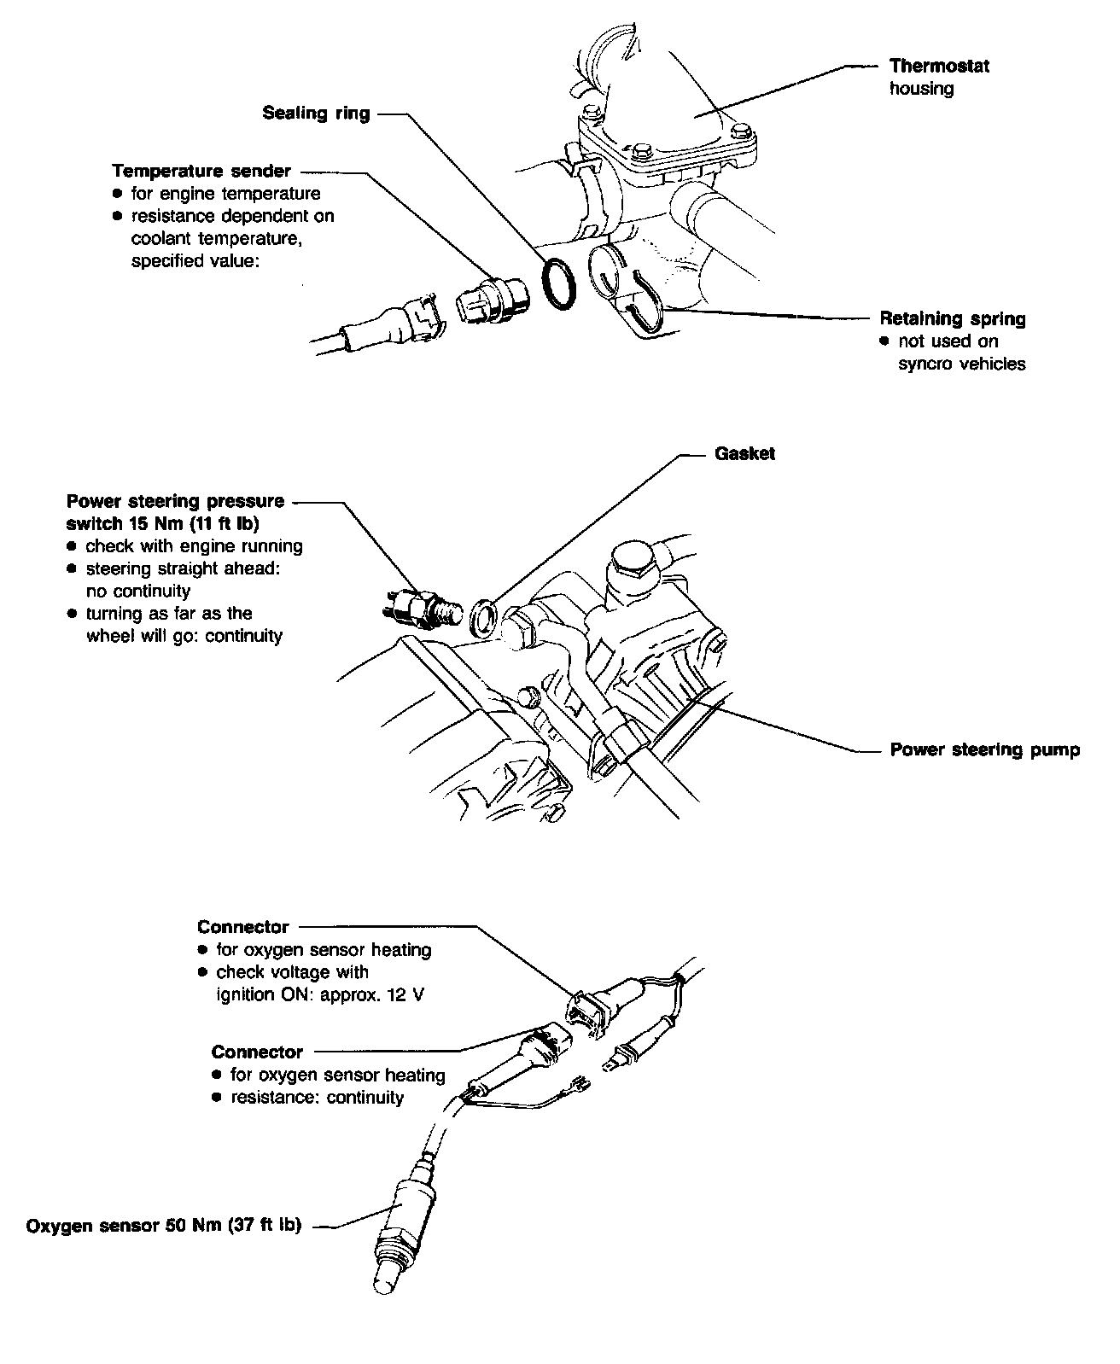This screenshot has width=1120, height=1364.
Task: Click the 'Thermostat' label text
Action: click(939, 66)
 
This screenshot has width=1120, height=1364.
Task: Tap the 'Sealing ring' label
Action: click(316, 114)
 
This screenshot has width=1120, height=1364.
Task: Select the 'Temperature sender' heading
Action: click(201, 171)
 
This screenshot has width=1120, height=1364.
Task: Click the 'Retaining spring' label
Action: click(953, 318)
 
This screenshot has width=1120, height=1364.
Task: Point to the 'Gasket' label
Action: click(744, 454)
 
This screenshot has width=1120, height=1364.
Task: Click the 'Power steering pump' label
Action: click(984, 749)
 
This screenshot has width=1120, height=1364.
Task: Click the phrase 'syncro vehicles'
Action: click(961, 364)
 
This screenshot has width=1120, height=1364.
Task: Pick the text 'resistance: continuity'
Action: click(317, 1097)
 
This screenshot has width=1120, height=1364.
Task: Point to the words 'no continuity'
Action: click(138, 591)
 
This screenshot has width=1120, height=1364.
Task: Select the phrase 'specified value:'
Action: click(194, 261)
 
